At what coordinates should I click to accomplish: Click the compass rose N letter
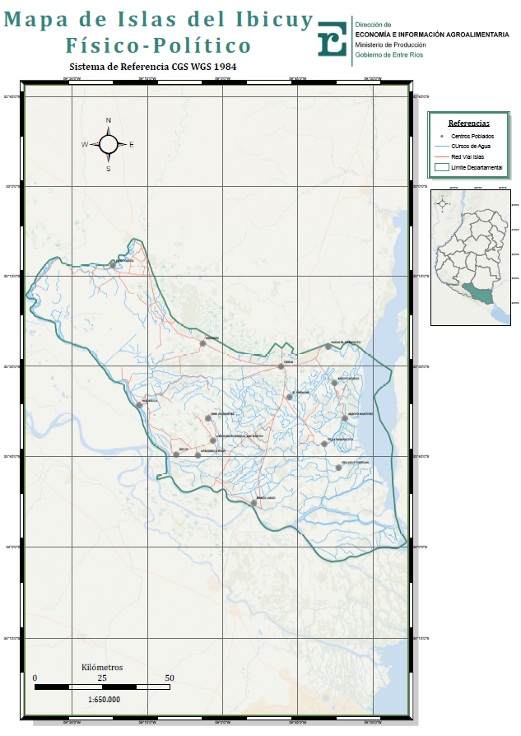pos(108,121)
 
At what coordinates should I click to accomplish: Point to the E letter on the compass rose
pos(132,145)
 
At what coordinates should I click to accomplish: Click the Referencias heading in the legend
pos(468,123)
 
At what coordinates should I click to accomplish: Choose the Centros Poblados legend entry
pos(472,135)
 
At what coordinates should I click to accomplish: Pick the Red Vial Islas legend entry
pos(468,156)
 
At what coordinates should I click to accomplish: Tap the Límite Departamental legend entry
pos(476,167)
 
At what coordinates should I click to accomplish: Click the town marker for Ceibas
pos(281,366)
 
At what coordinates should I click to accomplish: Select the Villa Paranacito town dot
pos(325,443)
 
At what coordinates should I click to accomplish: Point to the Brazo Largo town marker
pos(254,502)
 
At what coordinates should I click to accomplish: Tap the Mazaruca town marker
pos(140,405)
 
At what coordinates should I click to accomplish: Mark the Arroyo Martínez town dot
pos(345,418)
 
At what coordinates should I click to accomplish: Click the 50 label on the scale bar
pos(170,678)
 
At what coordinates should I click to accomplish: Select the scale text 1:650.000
pos(103,699)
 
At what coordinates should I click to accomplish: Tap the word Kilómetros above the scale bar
pos(102,667)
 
